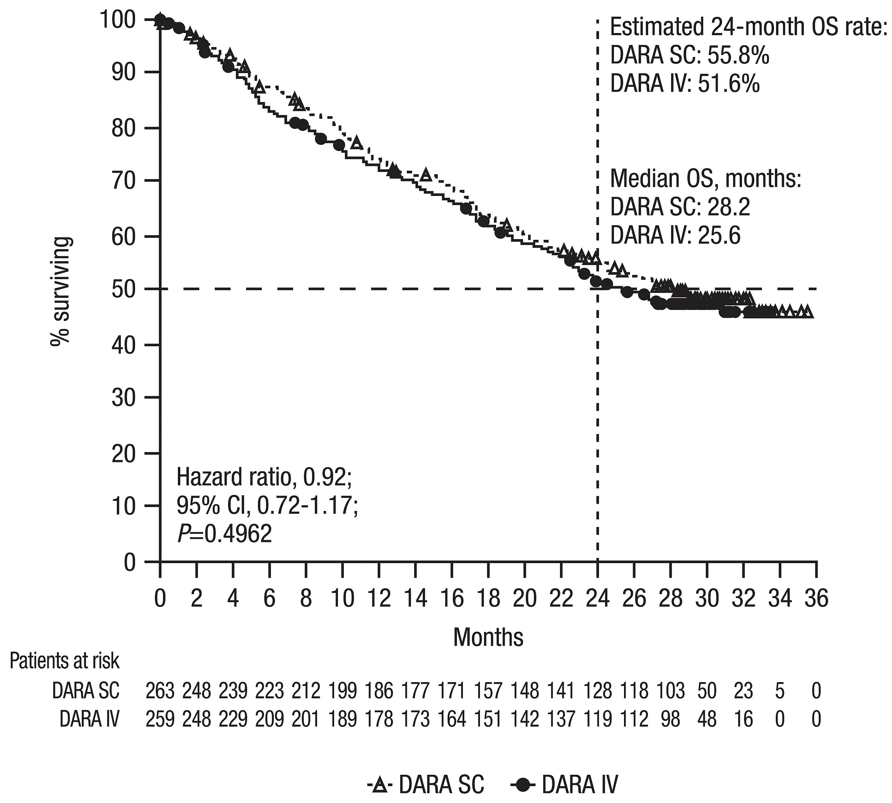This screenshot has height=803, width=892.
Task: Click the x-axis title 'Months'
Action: pyautogui.click(x=488, y=637)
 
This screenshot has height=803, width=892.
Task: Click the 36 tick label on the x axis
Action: pyautogui.click(x=816, y=599)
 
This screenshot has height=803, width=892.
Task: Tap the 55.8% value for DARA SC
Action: pyautogui.click(x=739, y=56)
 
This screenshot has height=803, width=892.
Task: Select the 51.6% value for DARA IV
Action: pyautogui.click(x=729, y=84)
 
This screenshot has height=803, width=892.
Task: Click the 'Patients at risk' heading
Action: pyautogui.click(x=64, y=661)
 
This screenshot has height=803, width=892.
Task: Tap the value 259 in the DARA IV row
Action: pyautogui.click(x=160, y=719)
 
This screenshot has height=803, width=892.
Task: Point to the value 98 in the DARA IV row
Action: pyautogui.click(x=671, y=719)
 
